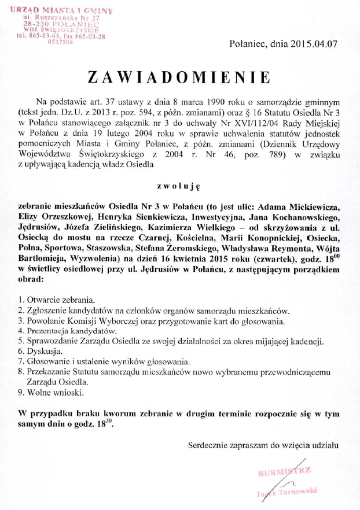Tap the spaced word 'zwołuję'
coord(178,187)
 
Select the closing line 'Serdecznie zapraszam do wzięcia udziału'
coord(263,446)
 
